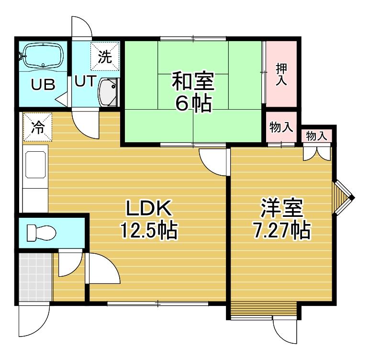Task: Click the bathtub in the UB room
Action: click(44, 56)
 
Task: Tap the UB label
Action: click(44, 84)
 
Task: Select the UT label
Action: click(85, 81)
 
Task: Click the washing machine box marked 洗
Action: click(105, 56)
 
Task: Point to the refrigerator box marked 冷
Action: click(37, 127)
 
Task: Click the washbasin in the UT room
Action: click(108, 92)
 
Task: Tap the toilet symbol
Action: click(42, 233)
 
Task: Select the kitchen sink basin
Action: click(35, 165)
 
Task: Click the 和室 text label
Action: click(193, 82)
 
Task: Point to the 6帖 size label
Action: click(193, 103)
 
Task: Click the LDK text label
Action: click(149, 208)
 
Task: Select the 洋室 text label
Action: click(281, 208)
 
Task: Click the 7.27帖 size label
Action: click(281, 230)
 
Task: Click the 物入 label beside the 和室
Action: click(281, 127)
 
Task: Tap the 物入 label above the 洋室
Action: click(316, 136)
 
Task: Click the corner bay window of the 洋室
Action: click(343, 198)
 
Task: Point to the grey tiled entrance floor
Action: click(35, 277)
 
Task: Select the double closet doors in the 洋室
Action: click(317, 154)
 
